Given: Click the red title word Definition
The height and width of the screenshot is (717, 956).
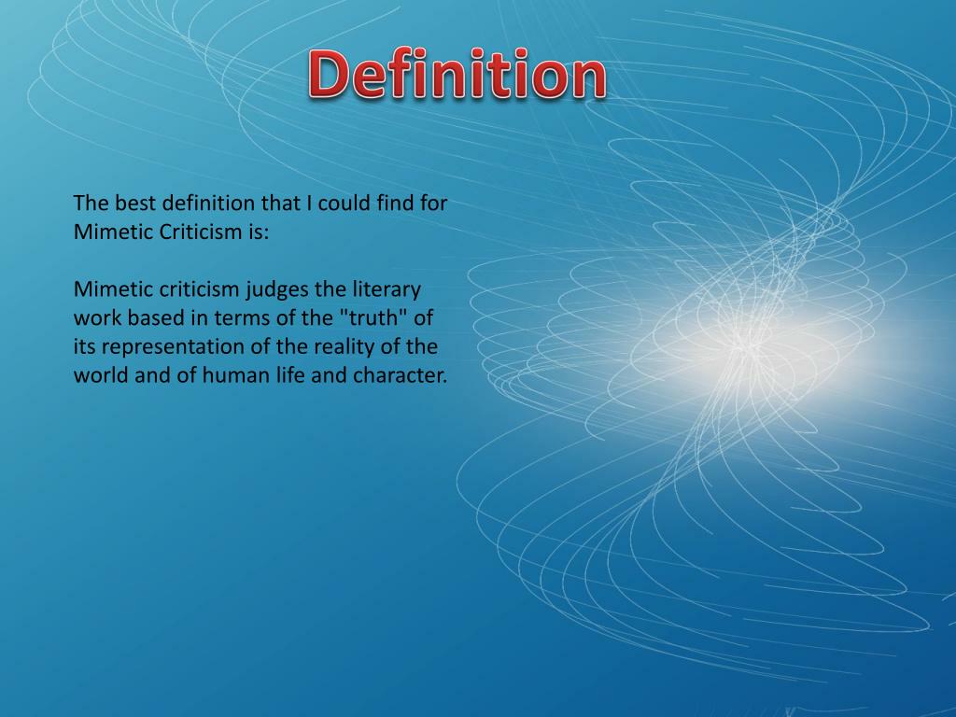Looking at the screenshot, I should pyautogui.click(x=457, y=76).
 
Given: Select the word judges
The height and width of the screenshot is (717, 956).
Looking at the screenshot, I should pyautogui.click(x=276, y=288).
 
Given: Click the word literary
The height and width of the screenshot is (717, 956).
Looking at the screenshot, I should pyautogui.click(x=386, y=288).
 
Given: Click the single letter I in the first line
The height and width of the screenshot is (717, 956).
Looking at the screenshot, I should pyautogui.click(x=310, y=203).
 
